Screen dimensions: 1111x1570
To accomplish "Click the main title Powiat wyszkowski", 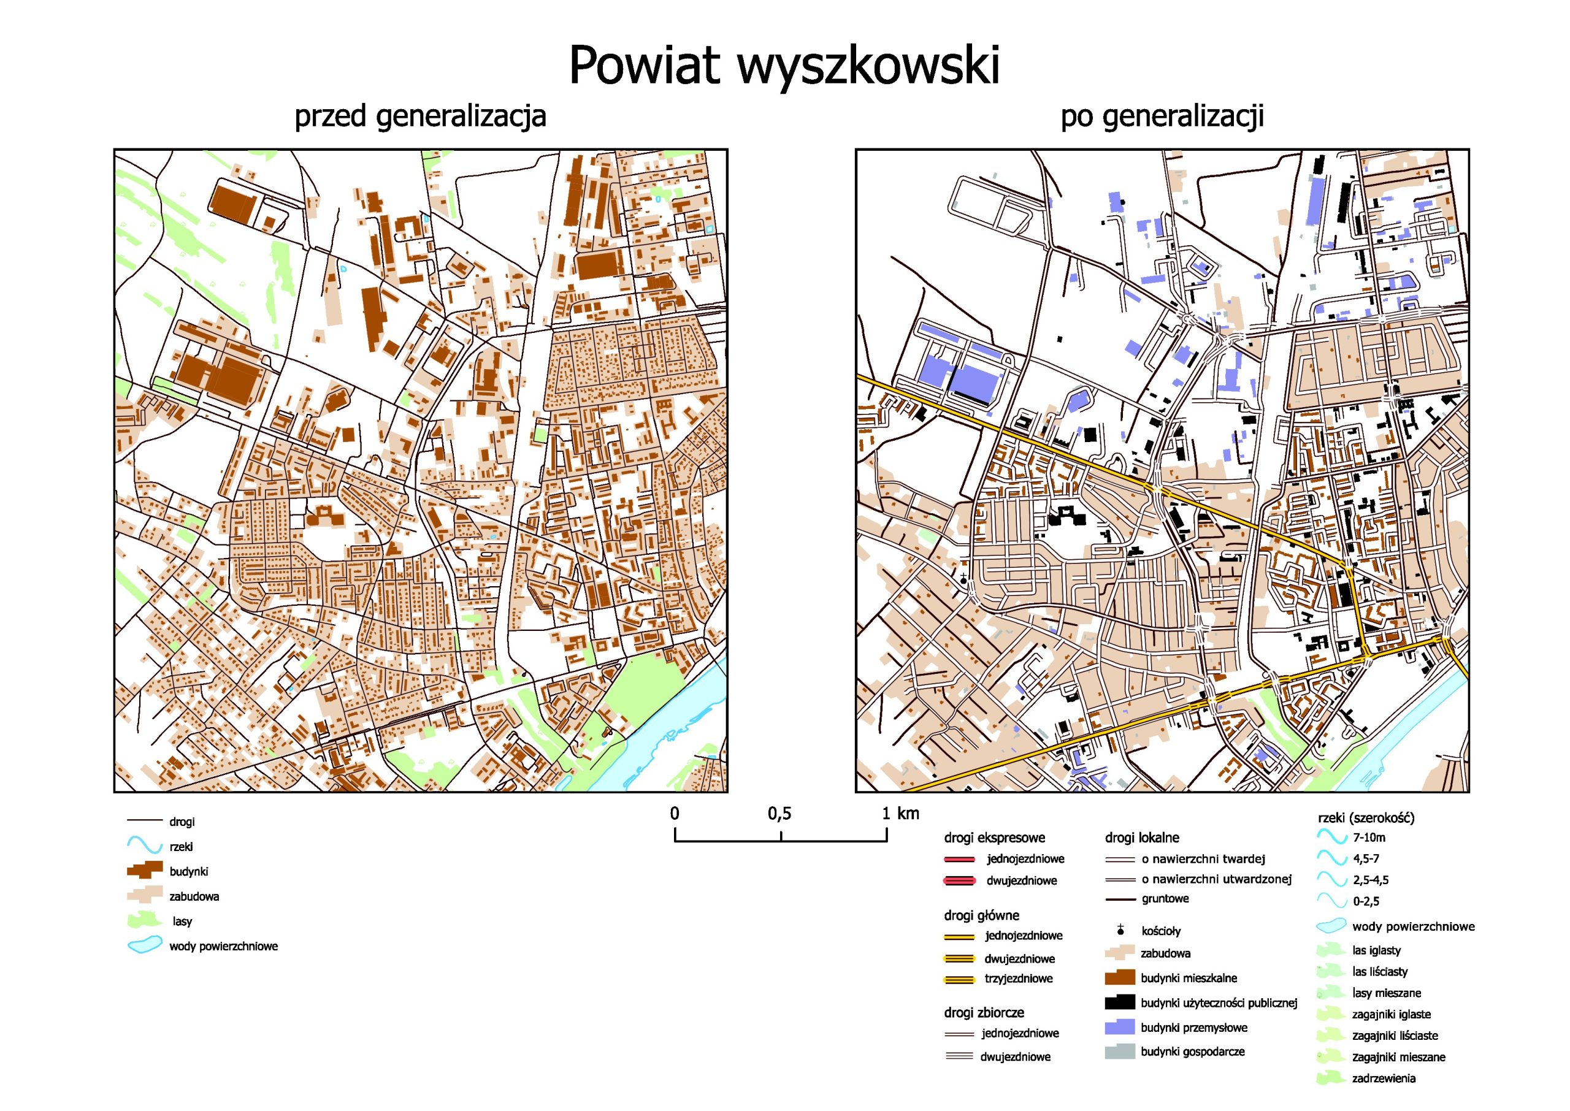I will [784, 66].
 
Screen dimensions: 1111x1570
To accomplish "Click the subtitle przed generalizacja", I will [420, 116].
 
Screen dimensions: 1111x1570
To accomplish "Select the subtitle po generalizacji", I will [1162, 116].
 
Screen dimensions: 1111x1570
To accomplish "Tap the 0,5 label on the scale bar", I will [779, 814].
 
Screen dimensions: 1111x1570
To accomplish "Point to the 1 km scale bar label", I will [900, 814].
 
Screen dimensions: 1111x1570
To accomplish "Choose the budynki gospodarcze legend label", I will [1192, 1052].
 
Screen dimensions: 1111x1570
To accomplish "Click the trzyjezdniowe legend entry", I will [1018, 979].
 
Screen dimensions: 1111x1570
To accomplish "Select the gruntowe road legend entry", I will [1165, 899].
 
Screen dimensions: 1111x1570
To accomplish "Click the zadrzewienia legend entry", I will [1383, 1079].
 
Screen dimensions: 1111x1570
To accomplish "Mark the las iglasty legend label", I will [1376, 950].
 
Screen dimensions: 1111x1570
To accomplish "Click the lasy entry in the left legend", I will [182, 922].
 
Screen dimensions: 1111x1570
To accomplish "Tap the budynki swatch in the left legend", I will [144, 871].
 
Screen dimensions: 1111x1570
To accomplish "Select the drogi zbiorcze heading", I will [984, 1012].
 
